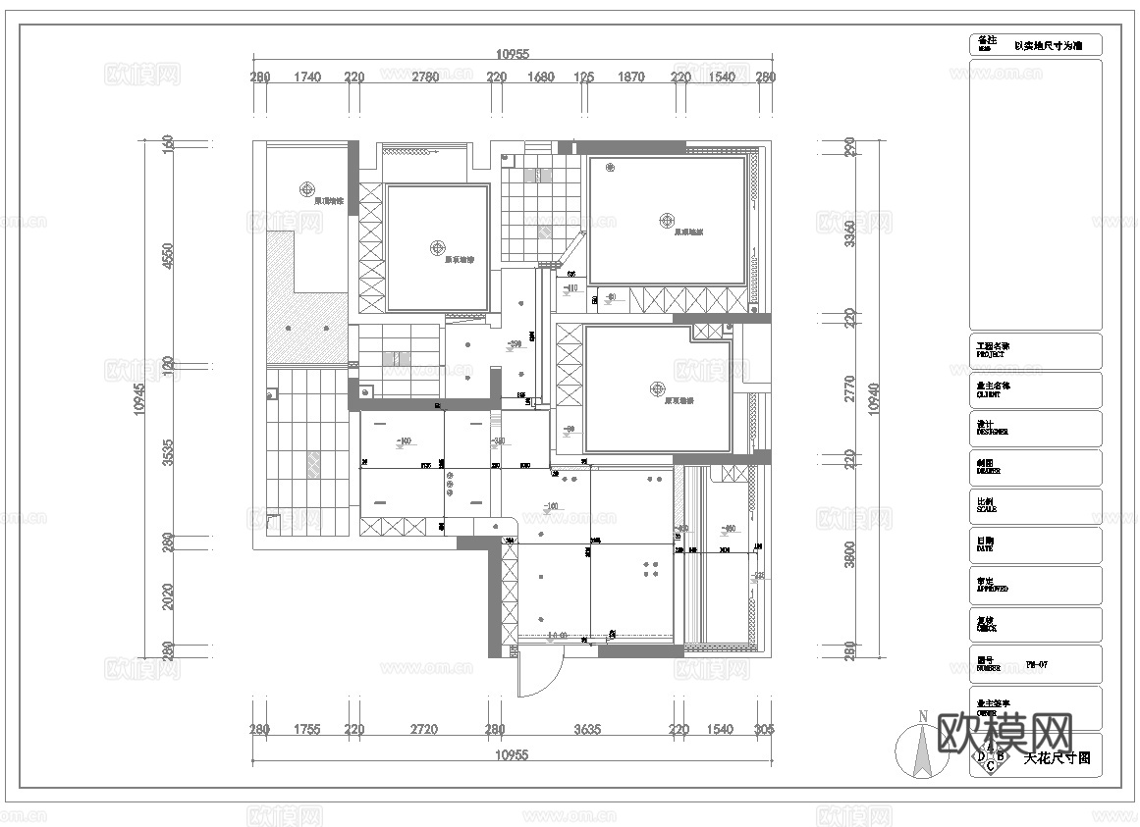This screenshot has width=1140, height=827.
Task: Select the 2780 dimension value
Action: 425,77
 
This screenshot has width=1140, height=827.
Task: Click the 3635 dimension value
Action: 587,729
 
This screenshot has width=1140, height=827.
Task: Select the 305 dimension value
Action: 764,729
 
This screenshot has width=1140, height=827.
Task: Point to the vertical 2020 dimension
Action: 168,597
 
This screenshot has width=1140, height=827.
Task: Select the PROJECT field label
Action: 993,350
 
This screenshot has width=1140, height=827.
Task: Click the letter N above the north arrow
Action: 921,716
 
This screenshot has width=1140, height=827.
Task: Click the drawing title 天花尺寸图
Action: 1057,758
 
